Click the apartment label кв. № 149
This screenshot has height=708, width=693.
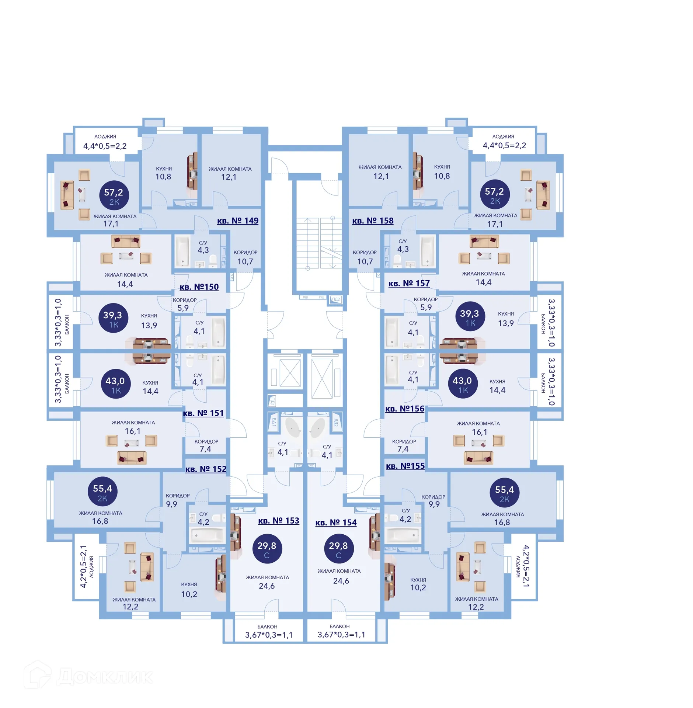(237, 221)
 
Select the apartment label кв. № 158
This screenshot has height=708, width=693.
(372, 221)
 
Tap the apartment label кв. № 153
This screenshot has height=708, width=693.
(278, 520)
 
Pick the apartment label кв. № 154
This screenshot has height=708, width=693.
(336, 522)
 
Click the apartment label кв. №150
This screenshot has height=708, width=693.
(199, 287)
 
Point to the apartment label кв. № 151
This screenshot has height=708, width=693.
(203, 413)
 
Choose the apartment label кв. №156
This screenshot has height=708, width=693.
(404, 409)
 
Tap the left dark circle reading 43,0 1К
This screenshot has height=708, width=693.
(116, 385)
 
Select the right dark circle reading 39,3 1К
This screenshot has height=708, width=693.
(470, 317)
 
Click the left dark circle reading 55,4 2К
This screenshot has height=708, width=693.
(102, 492)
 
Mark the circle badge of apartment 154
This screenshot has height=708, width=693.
(338, 549)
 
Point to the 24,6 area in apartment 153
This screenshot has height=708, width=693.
(267, 586)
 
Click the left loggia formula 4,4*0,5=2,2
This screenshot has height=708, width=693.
(105, 146)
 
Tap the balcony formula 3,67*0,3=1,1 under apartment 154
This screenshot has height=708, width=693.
(341, 634)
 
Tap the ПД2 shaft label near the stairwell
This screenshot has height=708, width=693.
(336, 299)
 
